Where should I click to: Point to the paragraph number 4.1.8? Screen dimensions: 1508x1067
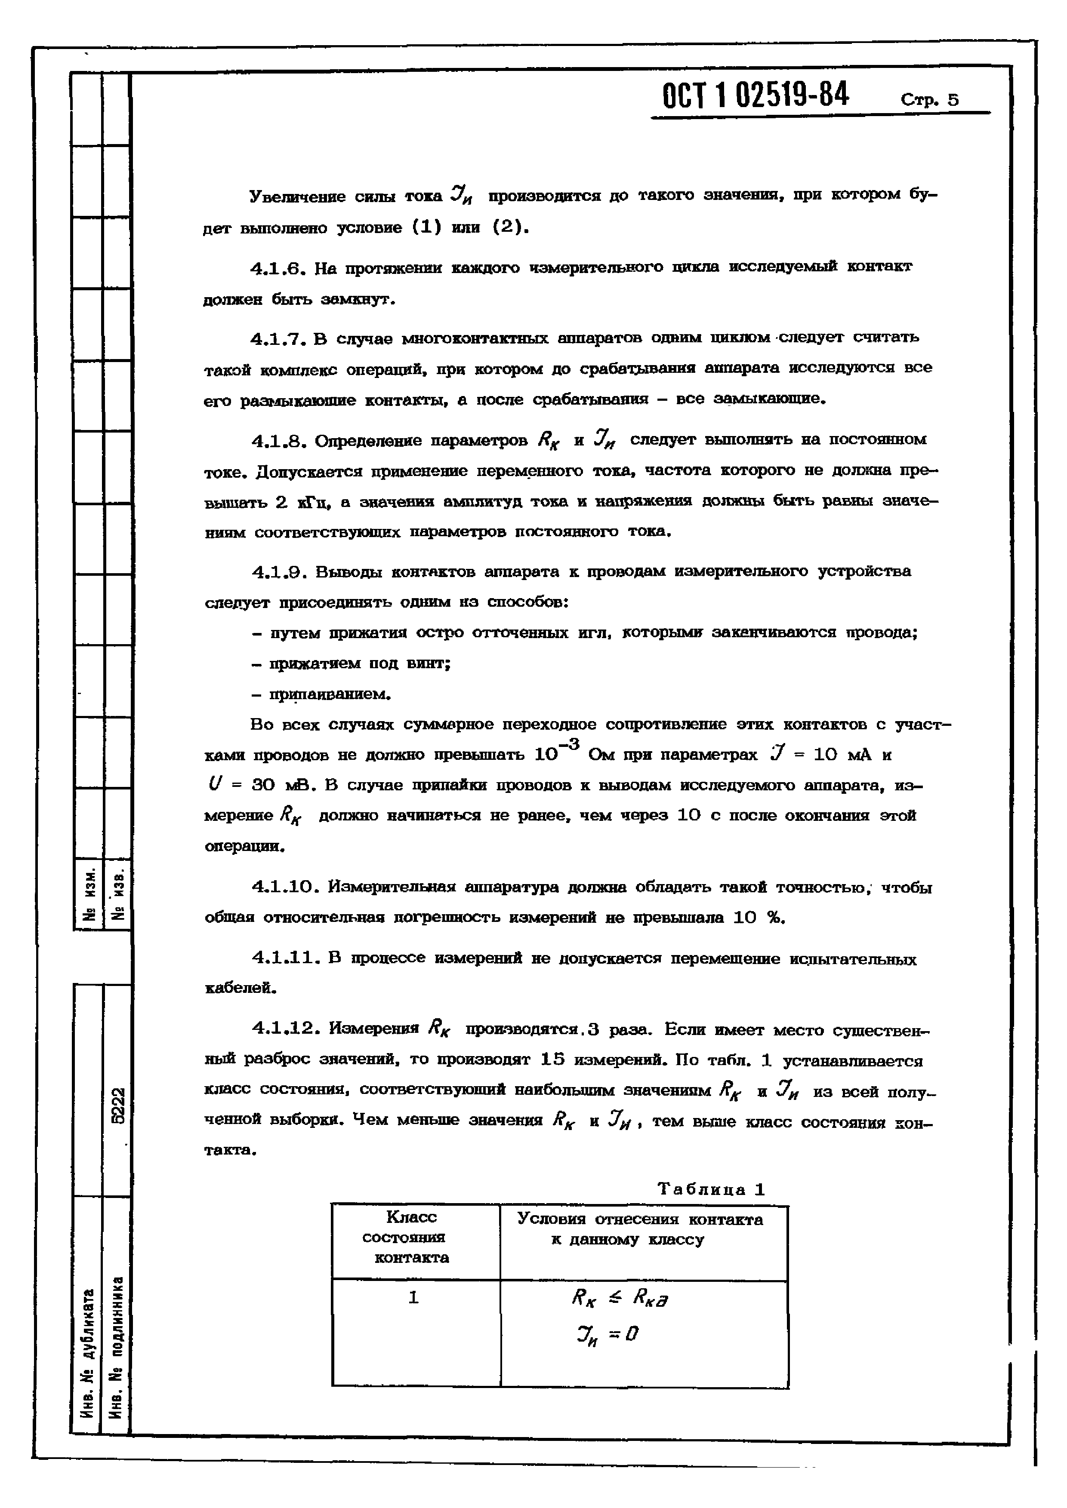[275, 441]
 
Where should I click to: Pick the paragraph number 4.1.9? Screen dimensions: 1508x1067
[275, 572]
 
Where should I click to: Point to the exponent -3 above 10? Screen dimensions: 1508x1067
[571, 743]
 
